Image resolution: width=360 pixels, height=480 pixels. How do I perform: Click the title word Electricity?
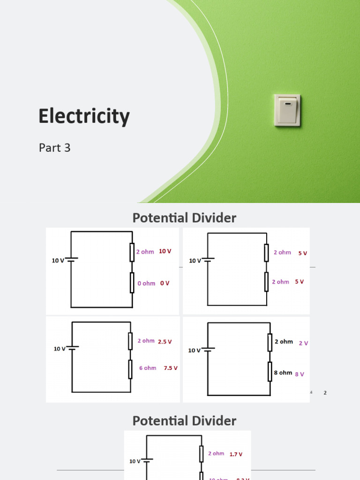click(x=84, y=116)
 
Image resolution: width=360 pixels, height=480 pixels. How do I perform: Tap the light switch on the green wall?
click(x=287, y=110)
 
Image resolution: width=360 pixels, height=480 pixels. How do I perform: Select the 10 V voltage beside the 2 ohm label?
click(x=165, y=251)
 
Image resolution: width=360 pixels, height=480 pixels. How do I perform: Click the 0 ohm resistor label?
click(x=146, y=284)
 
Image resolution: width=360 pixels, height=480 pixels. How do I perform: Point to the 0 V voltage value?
click(x=165, y=284)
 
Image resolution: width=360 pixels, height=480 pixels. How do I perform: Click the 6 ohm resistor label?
click(x=148, y=368)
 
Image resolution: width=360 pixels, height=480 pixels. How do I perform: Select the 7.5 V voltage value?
click(x=171, y=368)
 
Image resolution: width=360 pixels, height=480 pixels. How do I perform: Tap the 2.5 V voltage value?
click(x=165, y=342)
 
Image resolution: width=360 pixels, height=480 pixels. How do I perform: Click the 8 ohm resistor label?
click(x=283, y=373)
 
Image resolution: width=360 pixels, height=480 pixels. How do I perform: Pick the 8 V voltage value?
click(x=300, y=374)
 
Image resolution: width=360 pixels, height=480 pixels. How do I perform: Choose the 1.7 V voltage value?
click(x=236, y=454)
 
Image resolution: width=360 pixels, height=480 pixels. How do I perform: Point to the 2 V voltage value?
click(x=303, y=343)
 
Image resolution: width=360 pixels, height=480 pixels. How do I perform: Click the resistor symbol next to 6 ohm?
click(x=130, y=369)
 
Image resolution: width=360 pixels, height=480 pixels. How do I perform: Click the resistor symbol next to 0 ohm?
click(x=132, y=283)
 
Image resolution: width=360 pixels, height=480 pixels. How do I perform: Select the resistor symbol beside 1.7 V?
click(x=201, y=453)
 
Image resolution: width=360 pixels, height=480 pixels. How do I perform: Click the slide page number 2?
click(x=325, y=393)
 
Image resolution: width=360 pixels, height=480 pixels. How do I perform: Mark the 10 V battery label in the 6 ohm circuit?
click(x=60, y=349)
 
